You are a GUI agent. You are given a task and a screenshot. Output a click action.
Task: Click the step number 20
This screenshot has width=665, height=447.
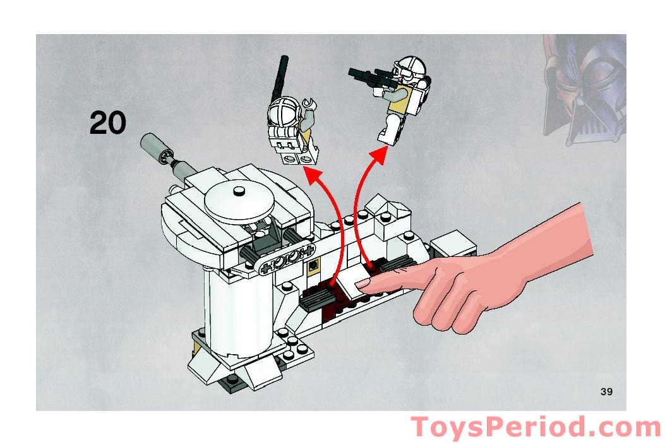pos(108,122)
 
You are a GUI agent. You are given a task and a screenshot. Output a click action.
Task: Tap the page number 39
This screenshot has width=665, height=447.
pos(606,392)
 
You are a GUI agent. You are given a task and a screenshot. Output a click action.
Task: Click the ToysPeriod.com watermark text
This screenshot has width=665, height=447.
pos(536,428)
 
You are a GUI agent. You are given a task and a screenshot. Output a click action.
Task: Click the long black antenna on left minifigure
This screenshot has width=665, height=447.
pos(279,76)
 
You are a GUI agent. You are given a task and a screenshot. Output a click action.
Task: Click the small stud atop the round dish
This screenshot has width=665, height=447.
pos(239,190)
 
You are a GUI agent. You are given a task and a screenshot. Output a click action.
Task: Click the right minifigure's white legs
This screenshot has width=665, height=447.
pos(387,130)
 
